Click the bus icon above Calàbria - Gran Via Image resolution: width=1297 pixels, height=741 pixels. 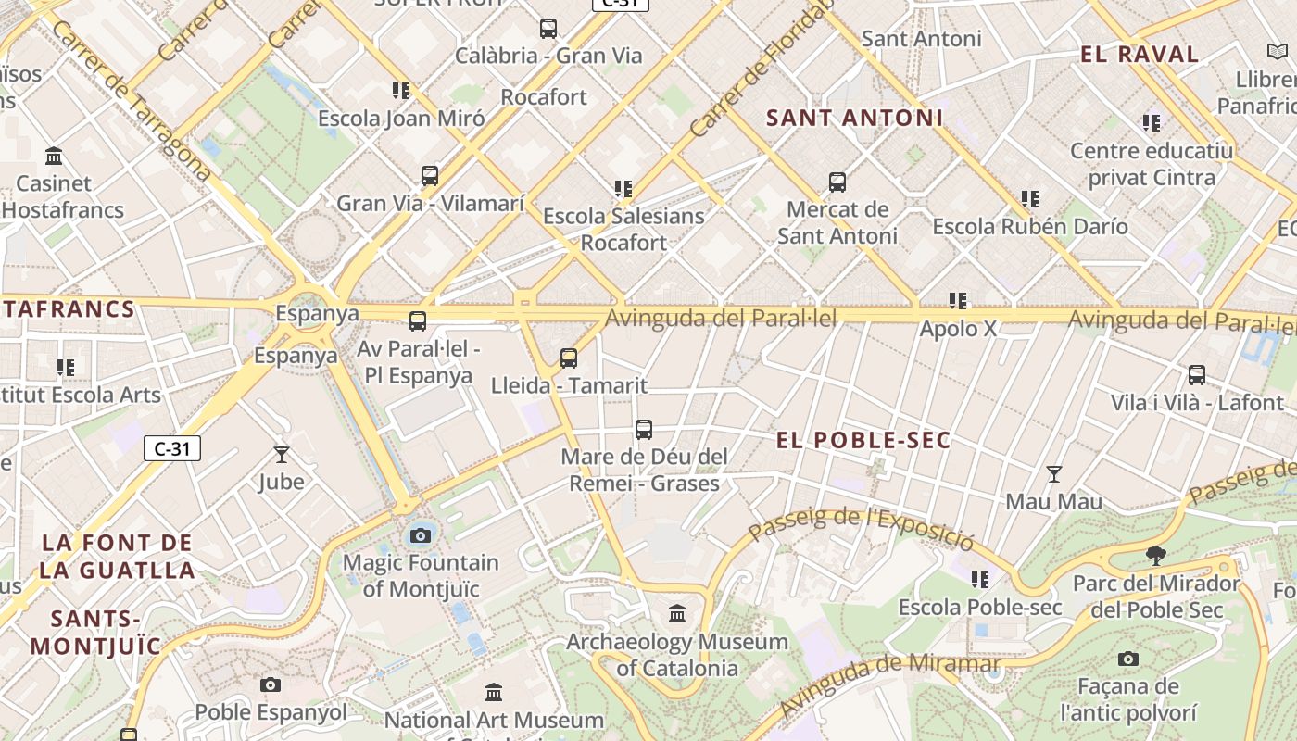tap(548, 29)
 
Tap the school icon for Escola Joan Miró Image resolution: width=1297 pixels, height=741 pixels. tap(401, 91)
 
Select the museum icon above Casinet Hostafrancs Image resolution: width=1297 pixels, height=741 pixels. tap(54, 156)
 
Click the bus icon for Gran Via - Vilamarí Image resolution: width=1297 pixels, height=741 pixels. tap(430, 176)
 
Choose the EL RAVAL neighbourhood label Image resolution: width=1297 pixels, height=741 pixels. tap(1140, 54)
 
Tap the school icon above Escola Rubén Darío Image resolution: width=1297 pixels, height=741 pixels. tap(1029, 199)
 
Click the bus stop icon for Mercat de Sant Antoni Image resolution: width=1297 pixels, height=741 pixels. tap(837, 182)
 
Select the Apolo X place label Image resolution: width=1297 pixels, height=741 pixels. tap(958, 329)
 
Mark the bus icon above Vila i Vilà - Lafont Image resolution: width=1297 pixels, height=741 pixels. tap(1197, 375)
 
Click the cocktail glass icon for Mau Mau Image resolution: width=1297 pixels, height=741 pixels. tap(1054, 474)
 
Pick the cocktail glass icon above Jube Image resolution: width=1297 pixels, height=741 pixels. tap(282, 455)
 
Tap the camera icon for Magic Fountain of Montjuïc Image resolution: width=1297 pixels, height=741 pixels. tap(421, 535)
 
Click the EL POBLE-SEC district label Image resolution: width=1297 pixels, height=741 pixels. tap(863, 440)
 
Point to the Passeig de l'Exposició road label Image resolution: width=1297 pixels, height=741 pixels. tap(861, 528)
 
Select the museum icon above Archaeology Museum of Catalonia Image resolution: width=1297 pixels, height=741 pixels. tap(677, 614)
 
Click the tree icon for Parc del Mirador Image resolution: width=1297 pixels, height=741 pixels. tap(1155, 556)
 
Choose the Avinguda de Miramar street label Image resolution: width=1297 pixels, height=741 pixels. tap(889, 684)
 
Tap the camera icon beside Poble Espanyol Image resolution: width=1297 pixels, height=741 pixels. tap(271, 685)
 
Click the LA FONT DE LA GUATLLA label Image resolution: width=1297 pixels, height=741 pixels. tap(117, 556)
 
